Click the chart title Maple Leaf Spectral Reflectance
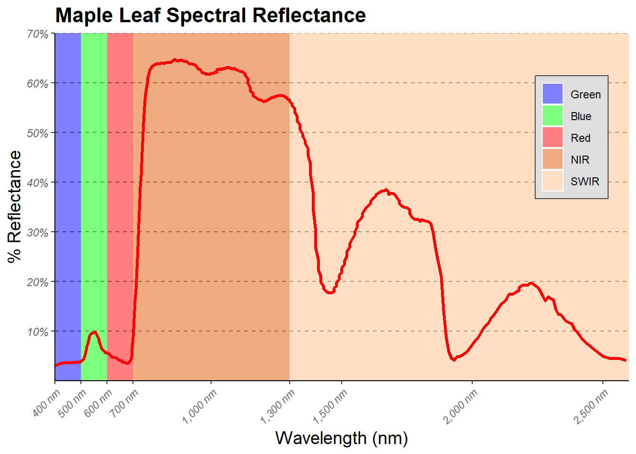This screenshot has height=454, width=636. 211,16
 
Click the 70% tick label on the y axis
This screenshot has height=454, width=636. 38,35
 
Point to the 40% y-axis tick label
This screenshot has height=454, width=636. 38,183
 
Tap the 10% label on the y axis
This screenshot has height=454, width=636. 38,332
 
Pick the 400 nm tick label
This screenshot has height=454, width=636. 47,402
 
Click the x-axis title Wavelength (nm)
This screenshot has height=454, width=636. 341,438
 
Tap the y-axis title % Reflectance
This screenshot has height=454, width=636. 15,207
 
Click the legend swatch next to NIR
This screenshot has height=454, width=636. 552,159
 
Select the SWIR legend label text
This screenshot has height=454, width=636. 585,182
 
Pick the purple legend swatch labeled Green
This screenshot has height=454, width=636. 552,94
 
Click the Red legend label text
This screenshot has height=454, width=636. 581,138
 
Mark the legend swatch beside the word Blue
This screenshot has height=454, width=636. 552,116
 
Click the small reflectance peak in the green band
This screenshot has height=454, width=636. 94,332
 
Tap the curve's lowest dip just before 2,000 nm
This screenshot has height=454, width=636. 454,360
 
